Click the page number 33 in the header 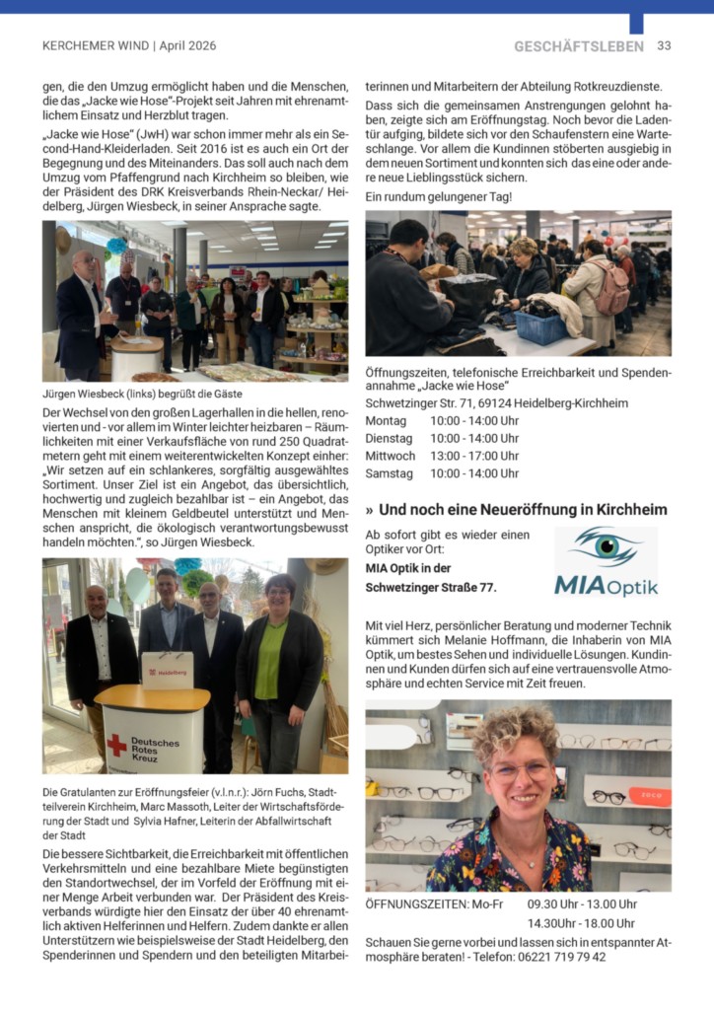[x=664, y=46]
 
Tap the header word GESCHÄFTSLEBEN [x=578, y=46]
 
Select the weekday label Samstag [x=389, y=473]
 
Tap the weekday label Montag [x=386, y=420]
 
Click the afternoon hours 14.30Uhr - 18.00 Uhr [x=582, y=923]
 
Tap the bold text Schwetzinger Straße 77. [x=431, y=588]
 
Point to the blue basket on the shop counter [x=541, y=327]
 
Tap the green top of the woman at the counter [x=269, y=660]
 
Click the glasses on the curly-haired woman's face [x=520, y=770]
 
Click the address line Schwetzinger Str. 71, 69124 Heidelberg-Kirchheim [x=496, y=403]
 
